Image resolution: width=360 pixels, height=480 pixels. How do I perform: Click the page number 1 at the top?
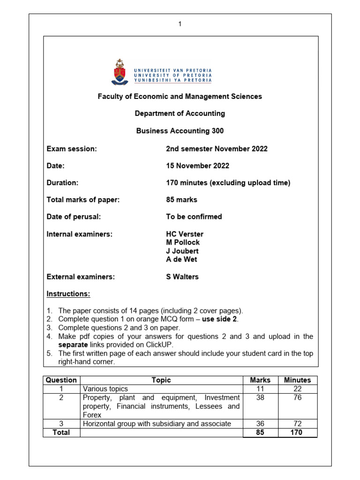pos(180,25)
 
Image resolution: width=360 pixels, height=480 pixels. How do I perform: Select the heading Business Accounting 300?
pos(180,131)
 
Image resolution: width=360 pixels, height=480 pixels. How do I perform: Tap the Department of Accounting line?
pos(180,113)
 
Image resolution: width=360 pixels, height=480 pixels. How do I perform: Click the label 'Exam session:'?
pos(71,149)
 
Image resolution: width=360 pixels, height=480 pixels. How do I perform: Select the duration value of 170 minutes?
pos(228,183)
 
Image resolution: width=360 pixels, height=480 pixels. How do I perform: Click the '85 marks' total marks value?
pos(181,200)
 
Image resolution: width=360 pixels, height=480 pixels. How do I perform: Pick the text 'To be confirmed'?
pos(194,217)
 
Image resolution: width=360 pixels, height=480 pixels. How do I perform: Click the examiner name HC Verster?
pos(185,234)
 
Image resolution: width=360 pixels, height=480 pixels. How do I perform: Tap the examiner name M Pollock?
pos(183,242)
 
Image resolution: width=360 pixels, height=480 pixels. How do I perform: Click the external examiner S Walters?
pos(182,277)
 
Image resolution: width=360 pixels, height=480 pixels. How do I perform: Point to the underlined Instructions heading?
pos(68,294)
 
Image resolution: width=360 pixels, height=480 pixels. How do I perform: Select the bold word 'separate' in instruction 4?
pos(74,345)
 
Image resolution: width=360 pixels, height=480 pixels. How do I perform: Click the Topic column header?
pos(161,380)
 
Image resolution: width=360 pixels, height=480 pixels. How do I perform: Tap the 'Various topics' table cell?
pos(105,389)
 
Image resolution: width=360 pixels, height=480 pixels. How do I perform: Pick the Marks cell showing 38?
pos(260,397)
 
